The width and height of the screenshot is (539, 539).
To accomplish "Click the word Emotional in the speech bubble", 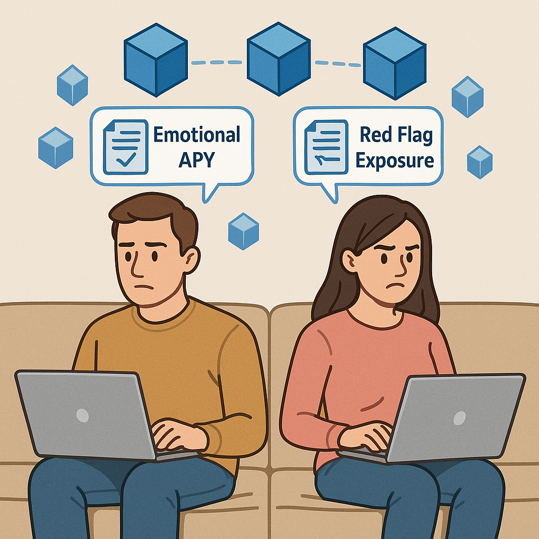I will [196, 135].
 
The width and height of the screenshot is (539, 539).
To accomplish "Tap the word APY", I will [196, 159].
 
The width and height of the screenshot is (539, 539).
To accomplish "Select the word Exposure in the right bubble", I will [395, 159].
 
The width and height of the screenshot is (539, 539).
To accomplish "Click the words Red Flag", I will [396, 135].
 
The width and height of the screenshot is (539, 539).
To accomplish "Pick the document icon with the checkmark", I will [125, 147].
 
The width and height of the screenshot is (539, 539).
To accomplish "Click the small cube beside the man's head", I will [243, 231].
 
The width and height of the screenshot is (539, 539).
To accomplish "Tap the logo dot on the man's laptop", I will [83, 415].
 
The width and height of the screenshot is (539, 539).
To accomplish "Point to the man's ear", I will [191, 259].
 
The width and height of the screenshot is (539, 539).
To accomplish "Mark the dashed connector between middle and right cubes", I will [337, 64].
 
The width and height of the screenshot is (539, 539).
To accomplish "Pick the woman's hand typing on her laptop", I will [368, 434].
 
